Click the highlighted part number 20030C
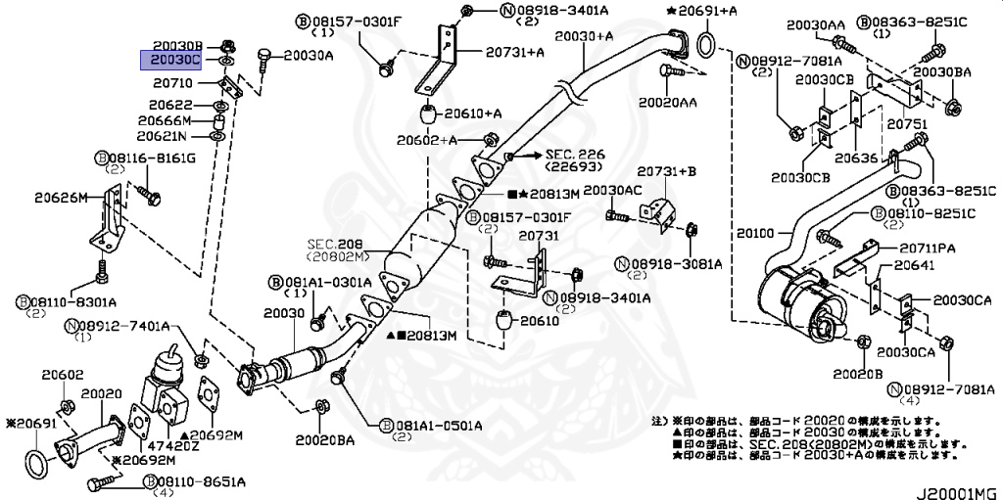point(175,60)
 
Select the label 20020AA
point(668,101)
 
